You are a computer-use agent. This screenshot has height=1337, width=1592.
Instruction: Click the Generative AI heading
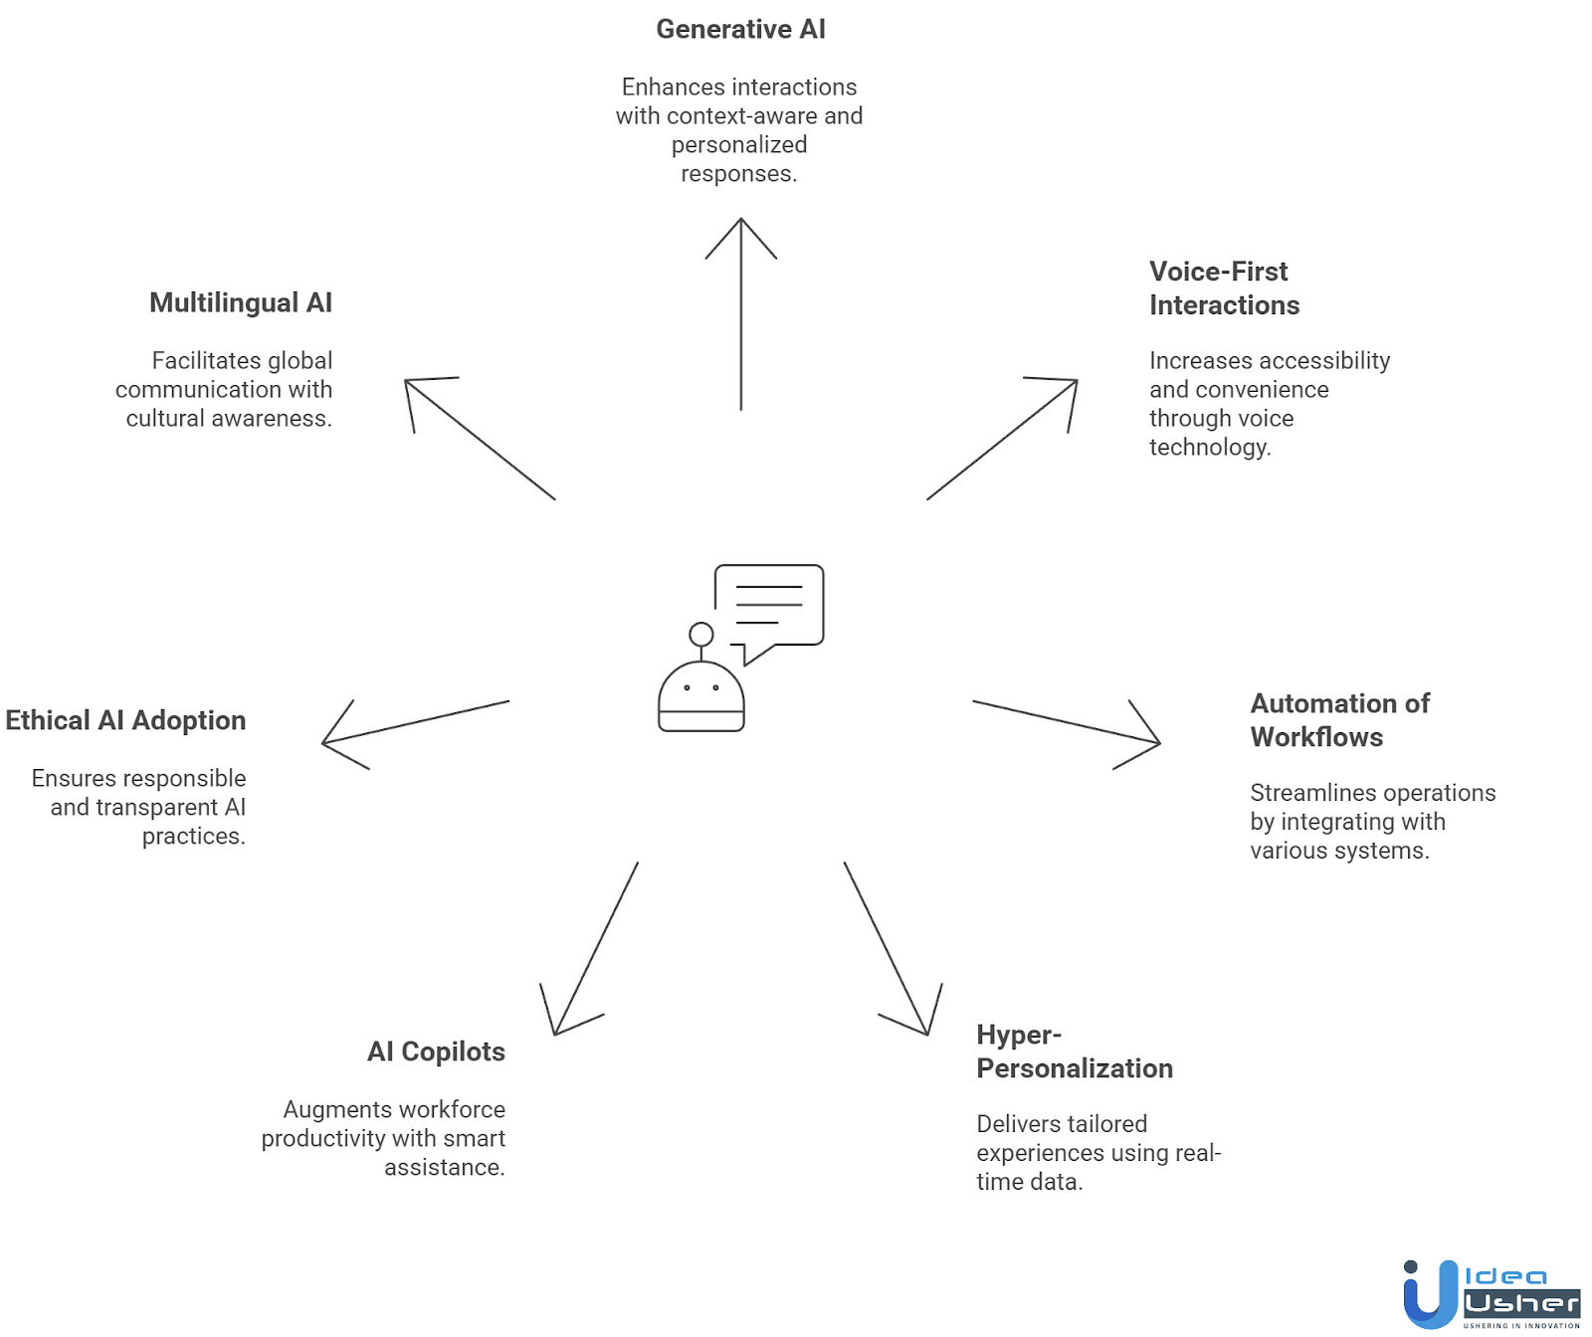(x=740, y=30)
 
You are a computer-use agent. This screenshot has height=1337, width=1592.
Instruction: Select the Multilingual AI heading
(x=241, y=302)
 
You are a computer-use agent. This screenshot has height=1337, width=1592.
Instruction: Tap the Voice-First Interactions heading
(x=1224, y=288)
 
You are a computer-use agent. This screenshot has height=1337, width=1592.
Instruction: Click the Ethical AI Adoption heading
(x=125, y=720)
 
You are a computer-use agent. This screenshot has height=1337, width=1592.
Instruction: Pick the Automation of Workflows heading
(x=1339, y=720)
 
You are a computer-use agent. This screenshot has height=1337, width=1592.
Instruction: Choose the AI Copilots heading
(x=436, y=1051)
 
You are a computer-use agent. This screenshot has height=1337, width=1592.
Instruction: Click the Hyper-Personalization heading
(x=1074, y=1051)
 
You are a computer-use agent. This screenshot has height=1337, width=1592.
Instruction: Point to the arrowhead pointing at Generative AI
(x=741, y=224)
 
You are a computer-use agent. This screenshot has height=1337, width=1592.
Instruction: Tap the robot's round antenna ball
(x=701, y=634)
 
